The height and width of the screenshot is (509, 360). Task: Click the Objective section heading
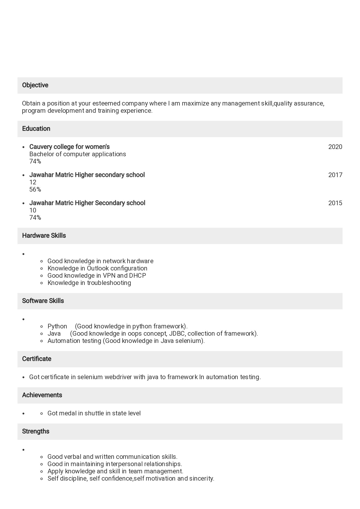35,85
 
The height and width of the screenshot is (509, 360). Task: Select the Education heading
36,129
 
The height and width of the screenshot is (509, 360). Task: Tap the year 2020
335,147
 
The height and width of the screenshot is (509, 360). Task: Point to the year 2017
335,175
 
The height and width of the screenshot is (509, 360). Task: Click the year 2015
335,203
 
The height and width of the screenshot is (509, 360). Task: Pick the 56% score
35,190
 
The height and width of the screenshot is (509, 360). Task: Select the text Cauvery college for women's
69,147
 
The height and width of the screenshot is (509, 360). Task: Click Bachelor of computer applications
78,154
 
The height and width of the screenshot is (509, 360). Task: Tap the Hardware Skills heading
44,236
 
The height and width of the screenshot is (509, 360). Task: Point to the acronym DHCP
137,276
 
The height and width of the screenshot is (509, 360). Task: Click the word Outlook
98,268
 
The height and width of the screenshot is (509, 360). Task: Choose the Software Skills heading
43,301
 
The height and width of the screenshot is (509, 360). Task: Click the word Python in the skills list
57,326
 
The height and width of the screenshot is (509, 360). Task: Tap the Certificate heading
37,359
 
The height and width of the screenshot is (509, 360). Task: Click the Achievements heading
42,395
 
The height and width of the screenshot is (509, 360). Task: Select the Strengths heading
36,431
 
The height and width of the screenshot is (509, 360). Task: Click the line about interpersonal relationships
114,464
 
